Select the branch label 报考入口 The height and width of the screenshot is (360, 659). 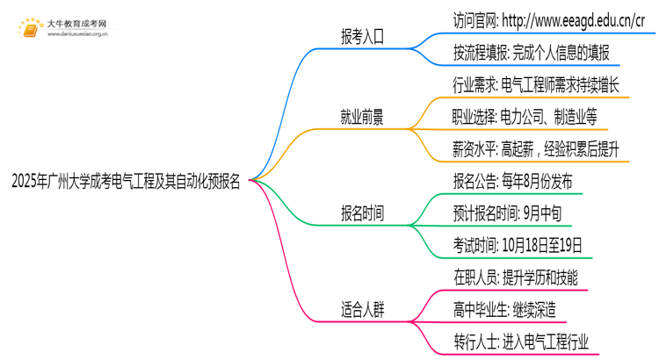362,37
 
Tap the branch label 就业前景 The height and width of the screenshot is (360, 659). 362,117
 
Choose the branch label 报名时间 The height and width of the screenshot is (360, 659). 362,213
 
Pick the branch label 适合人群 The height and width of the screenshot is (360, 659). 362,310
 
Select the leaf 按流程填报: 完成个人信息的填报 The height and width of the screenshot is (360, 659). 532,54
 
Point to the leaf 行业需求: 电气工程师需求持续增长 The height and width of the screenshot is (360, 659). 536,85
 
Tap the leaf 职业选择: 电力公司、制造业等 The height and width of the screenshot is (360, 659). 525,117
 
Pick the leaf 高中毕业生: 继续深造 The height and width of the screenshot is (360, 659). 503,310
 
